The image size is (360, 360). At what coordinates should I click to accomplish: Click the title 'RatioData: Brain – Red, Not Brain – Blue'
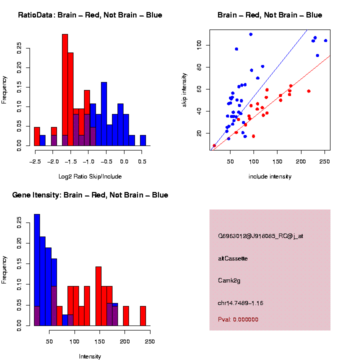click(x=90, y=15)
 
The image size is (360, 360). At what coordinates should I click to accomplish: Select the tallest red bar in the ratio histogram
click(x=65, y=90)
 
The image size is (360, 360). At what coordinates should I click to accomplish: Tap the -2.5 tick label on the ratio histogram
click(x=34, y=161)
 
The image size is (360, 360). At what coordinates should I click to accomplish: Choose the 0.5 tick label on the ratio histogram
click(x=142, y=161)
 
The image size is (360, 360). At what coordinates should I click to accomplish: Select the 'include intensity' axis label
click(x=270, y=176)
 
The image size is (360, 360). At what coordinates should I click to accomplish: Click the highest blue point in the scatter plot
click(x=251, y=34)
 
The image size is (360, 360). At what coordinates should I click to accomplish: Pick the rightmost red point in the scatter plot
click(x=308, y=91)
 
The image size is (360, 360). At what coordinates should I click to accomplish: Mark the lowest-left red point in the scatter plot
click(x=214, y=145)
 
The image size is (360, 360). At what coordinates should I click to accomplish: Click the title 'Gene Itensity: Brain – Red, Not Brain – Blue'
click(x=90, y=195)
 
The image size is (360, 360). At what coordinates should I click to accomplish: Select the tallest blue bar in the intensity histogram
click(x=37, y=270)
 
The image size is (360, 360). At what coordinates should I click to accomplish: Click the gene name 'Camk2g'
click(x=229, y=280)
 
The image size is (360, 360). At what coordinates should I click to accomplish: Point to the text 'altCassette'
click(x=233, y=258)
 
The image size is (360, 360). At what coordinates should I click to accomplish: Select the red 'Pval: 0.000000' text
click(x=238, y=319)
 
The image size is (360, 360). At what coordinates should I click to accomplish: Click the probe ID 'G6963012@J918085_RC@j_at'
click(x=260, y=236)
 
